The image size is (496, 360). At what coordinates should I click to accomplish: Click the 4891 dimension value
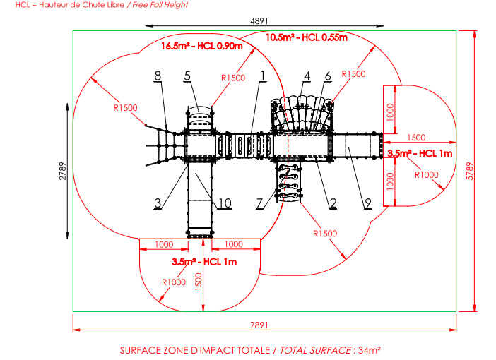point(259,21)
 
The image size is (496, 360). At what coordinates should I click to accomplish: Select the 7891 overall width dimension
point(259,325)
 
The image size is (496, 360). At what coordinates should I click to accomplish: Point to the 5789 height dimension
point(470,171)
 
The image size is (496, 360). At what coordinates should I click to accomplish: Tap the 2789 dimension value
point(63,171)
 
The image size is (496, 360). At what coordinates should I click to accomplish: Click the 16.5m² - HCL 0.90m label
point(202,46)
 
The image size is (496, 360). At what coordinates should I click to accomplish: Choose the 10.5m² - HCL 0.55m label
point(307,37)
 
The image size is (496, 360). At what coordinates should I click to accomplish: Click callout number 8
point(158,76)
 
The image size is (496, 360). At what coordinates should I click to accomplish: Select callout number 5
point(187,76)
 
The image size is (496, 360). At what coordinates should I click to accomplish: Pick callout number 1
point(263,76)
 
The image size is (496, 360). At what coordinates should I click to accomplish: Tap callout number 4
point(307,76)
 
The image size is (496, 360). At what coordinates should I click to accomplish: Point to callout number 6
point(328,76)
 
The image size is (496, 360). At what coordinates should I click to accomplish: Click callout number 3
point(158,203)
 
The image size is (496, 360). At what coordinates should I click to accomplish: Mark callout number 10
point(225,203)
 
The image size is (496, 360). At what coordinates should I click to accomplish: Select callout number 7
point(259,203)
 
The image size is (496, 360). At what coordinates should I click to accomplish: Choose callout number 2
point(333,203)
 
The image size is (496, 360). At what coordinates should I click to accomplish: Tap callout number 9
point(367,203)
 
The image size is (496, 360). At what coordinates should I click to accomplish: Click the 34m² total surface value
point(370,350)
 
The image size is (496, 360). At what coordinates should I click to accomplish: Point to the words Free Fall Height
point(160,5)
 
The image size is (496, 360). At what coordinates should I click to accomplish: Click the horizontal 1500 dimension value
point(416,138)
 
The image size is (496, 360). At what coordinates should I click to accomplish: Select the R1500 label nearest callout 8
point(125,108)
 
